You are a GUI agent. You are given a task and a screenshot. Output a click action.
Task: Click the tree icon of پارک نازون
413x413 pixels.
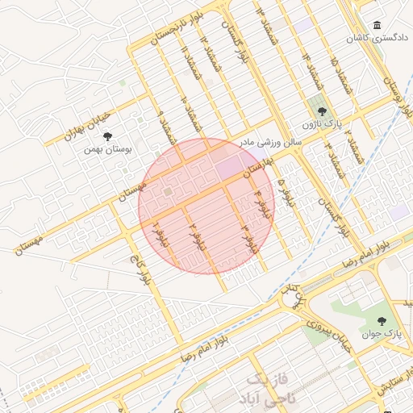click(x=323, y=111)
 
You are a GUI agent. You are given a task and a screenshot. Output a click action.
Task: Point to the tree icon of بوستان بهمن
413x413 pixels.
click(x=108, y=136)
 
